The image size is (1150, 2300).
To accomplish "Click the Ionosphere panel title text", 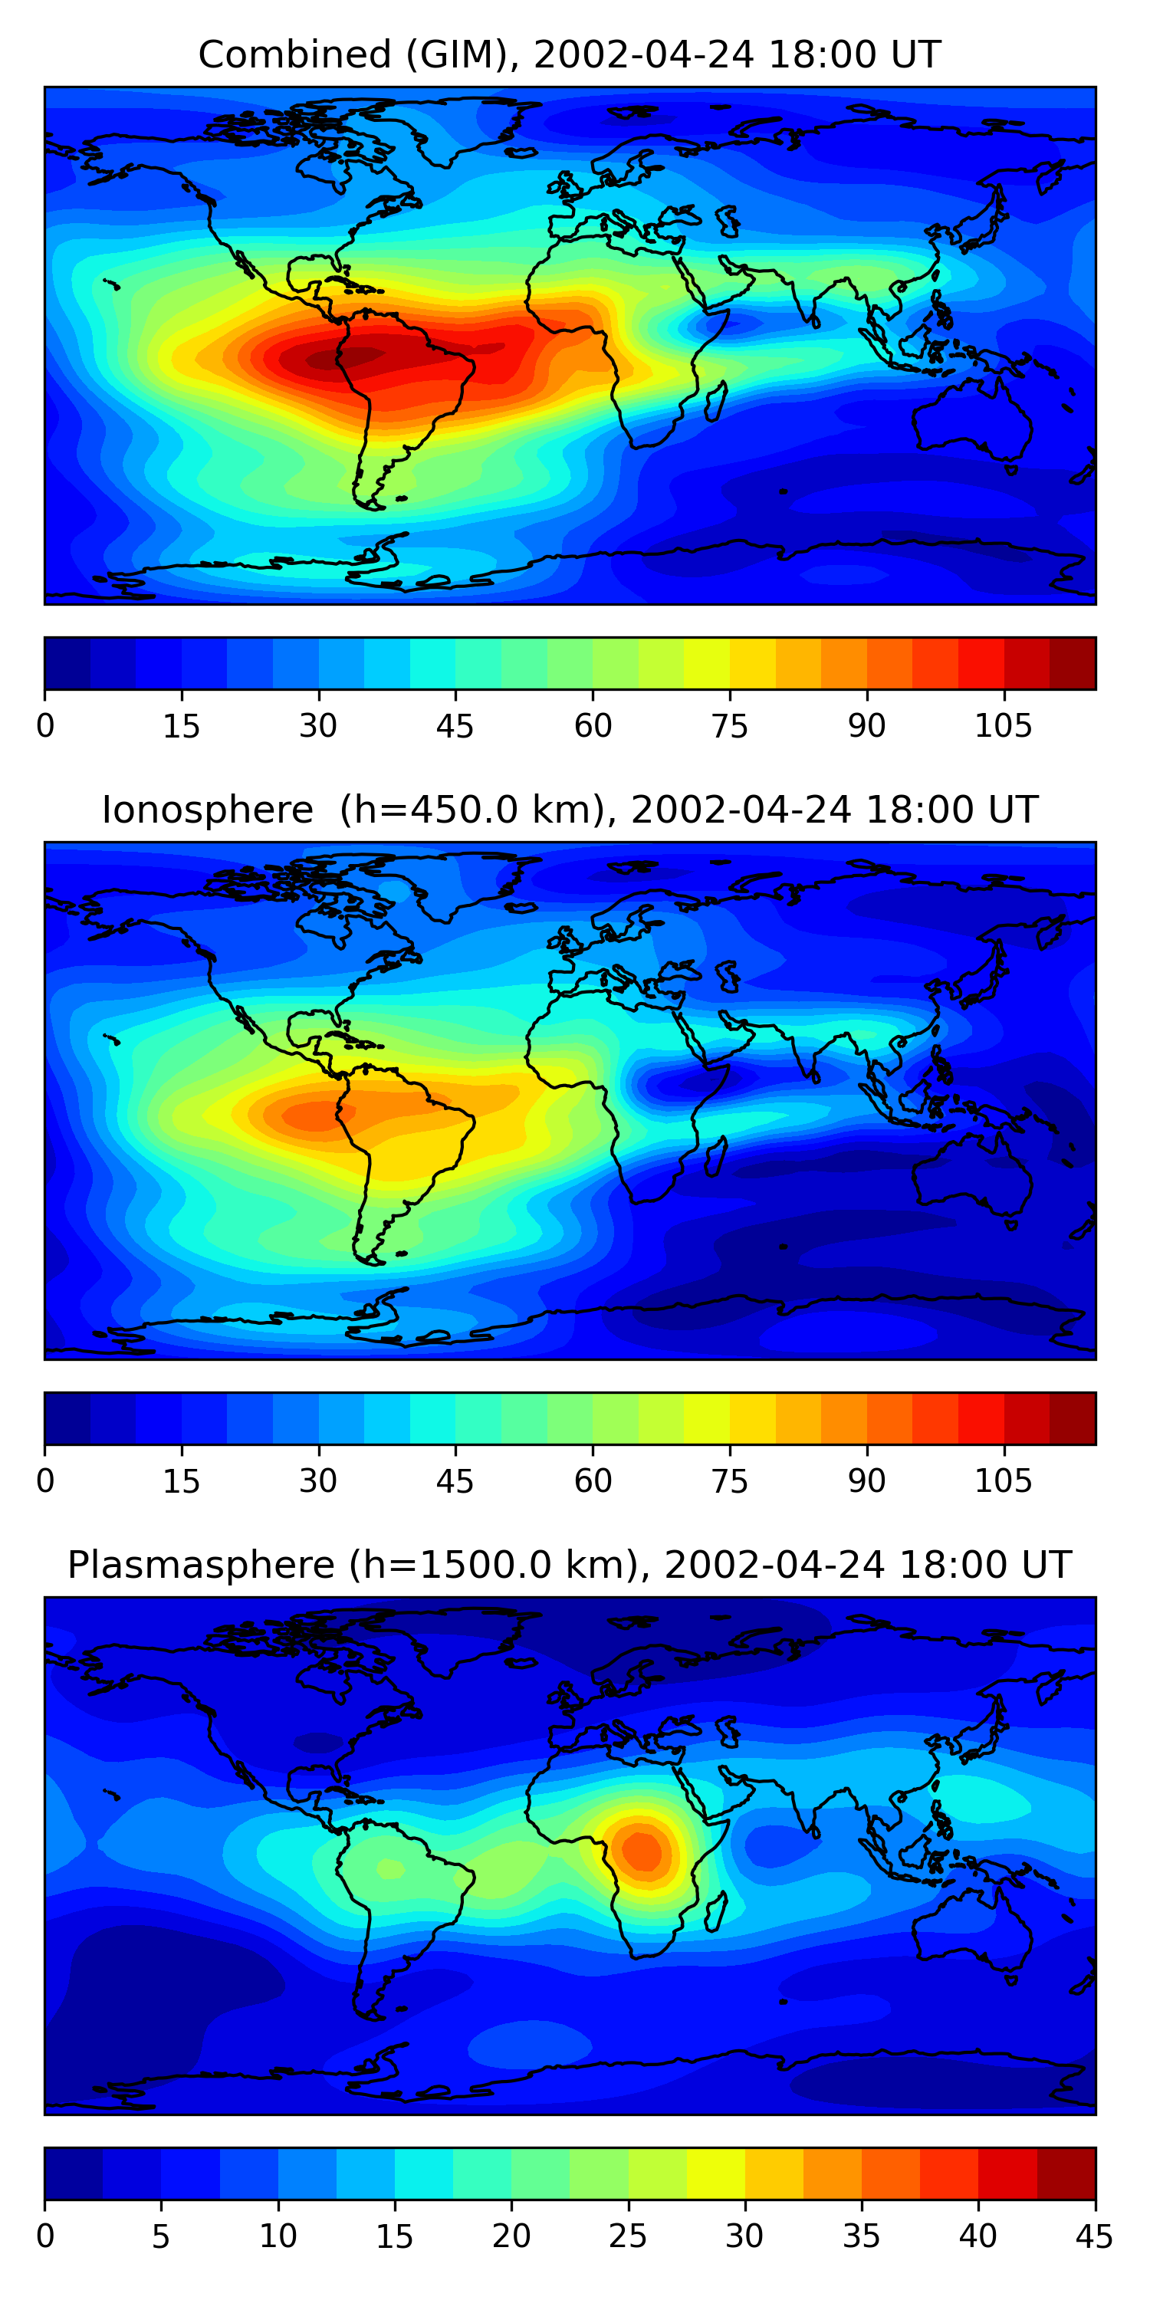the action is (570, 810).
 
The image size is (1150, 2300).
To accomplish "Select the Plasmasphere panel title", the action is (570, 1566).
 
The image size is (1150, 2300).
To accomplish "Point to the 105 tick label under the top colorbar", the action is (1004, 726).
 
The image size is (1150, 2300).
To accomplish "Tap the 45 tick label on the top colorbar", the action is (455, 726).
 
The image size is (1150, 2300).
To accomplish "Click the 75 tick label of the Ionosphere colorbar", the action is (729, 1481).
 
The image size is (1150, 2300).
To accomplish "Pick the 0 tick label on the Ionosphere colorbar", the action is (44, 1481).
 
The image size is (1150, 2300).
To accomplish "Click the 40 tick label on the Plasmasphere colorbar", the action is (978, 2236).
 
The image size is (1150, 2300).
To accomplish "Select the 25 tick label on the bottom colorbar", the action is (628, 2236).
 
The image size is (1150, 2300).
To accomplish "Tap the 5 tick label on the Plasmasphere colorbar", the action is (161, 2236).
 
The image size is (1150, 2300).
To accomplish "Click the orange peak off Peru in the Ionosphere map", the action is (313, 1114).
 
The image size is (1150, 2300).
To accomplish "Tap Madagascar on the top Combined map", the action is (716, 402).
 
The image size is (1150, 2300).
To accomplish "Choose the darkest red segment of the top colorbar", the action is (1073, 662).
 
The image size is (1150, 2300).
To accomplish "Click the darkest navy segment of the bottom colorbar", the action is (74, 2173).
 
